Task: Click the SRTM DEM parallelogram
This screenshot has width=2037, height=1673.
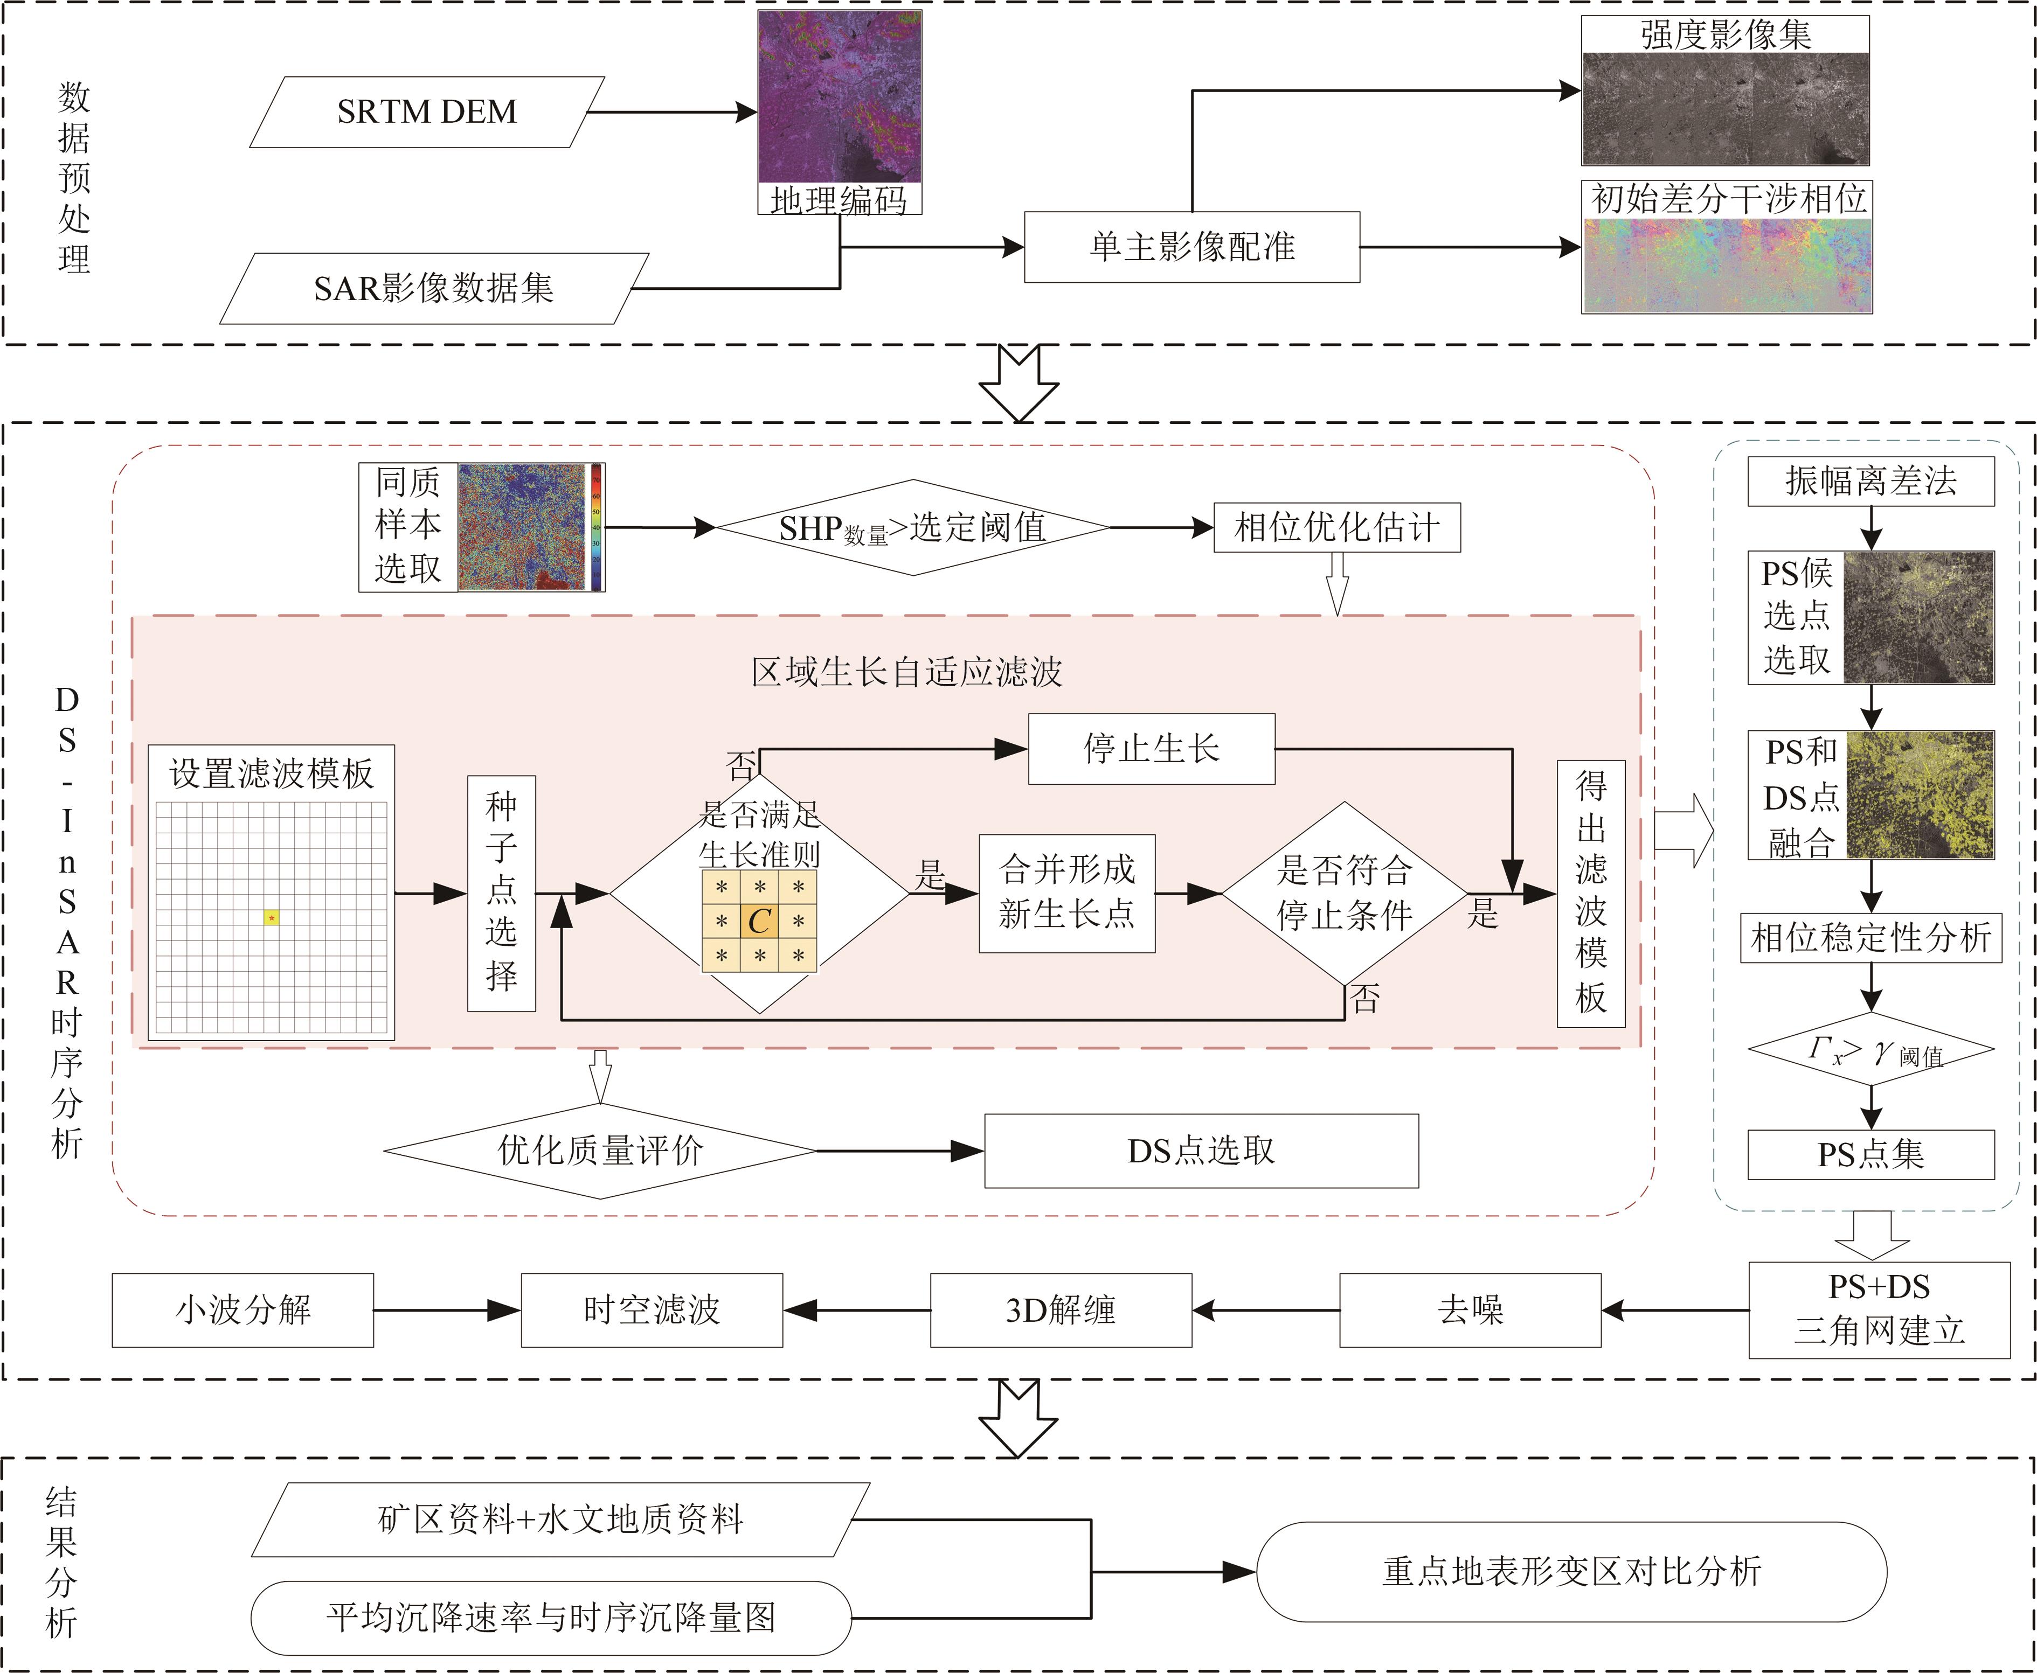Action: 427,112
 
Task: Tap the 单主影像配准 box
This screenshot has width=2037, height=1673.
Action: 1191,247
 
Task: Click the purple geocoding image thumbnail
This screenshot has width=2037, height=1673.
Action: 839,96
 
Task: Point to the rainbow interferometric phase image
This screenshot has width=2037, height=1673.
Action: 1726,265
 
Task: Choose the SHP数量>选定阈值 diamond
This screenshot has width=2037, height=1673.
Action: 912,528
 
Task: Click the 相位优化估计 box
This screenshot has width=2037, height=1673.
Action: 1336,527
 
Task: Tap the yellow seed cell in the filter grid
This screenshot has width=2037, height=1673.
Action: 272,917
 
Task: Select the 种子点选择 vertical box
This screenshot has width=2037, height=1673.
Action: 501,893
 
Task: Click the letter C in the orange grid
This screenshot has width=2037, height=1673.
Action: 760,921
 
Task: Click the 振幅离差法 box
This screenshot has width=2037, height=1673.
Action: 1870,481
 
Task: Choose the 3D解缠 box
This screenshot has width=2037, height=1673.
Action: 1061,1309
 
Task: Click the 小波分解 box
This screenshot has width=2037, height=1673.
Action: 243,1309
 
